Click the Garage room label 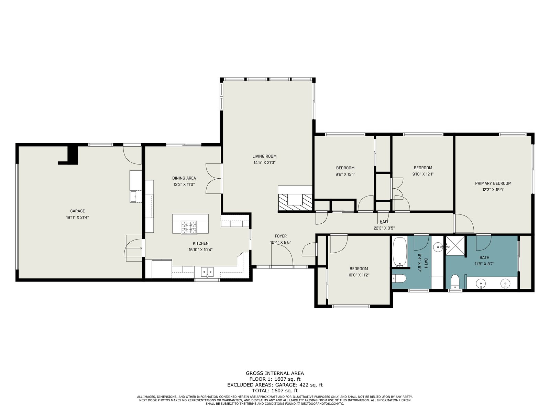pyautogui.click(x=77, y=211)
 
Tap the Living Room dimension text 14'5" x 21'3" pyautogui.click(x=264, y=162)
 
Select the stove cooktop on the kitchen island pyautogui.click(x=189, y=227)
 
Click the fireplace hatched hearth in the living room pyautogui.click(x=295, y=202)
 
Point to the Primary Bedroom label pyautogui.click(x=493, y=183)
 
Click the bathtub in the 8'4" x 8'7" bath pyautogui.click(x=399, y=252)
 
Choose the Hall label pyautogui.click(x=384, y=222)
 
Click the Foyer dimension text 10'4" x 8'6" pyautogui.click(x=280, y=243)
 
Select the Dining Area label pyautogui.click(x=184, y=178)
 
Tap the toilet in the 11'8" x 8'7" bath pyautogui.click(x=454, y=282)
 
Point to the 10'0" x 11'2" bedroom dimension pyautogui.click(x=359, y=275)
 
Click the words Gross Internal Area pyautogui.click(x=275, y=373)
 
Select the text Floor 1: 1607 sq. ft pyautogui.click(x=275, y=379)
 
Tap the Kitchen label pyautogui.click(x=200, y=243)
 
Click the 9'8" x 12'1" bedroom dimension pyautogui.click(x=345, y=174)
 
